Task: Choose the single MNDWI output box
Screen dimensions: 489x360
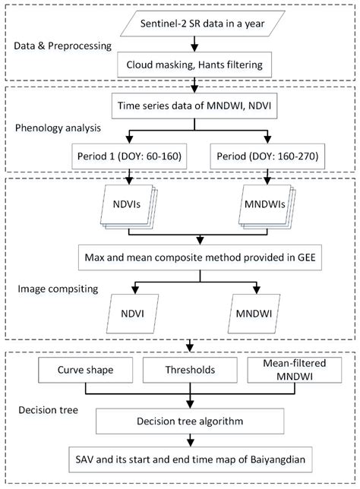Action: (265, 312)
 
